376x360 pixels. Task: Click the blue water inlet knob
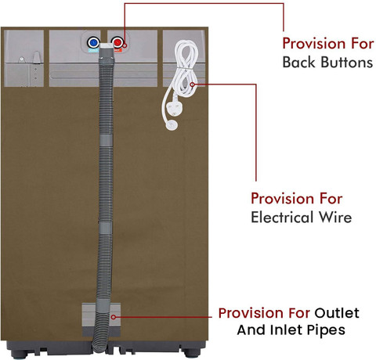coord(93,42)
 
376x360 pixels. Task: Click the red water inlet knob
coord(117,42)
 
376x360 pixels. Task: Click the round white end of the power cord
coord(172,125)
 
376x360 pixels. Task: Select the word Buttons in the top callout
coord(346,63)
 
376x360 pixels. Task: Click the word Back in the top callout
coord(298,63)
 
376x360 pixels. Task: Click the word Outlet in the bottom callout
coord(337,313)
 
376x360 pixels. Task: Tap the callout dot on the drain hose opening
coord(114,317)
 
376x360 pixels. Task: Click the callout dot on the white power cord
coord(193,85)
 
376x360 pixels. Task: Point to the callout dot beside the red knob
coord(125,45)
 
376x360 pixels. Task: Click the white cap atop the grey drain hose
coord(107,46)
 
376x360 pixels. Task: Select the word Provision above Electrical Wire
coord(281,199)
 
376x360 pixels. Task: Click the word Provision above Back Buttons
coord(313,43)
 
